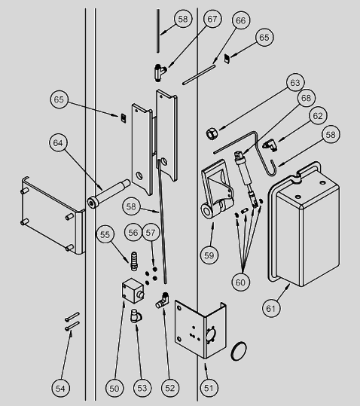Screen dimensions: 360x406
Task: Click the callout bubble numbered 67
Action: tap(212, 19)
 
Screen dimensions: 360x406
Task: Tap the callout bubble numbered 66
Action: tap(241, 20)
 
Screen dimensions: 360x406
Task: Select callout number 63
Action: tap(295, 82)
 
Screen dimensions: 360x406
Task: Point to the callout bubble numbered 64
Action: tap(58, 143)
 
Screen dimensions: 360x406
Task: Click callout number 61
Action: tap(271, 308)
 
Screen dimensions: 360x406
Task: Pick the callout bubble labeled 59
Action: tap(209, 255)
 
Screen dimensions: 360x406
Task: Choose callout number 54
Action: tap(60, 388)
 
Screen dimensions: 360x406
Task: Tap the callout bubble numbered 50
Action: tap(114, 388)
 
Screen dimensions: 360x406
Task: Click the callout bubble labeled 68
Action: tap(307, 98)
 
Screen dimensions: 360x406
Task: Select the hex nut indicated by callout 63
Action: tap(212, 133)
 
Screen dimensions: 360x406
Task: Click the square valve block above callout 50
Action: tap(133, 291)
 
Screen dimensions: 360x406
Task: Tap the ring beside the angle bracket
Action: tap(238, 351)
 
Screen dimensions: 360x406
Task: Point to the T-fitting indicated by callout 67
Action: tap(160, 72)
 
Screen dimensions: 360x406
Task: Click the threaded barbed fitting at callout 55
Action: tap(134, 261)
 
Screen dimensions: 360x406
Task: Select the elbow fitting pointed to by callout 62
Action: tap(270, 145)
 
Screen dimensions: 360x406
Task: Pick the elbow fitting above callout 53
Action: tap(136, 316)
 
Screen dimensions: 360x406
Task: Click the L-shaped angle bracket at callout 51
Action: tap(200, 330)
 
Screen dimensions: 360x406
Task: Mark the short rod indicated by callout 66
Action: tap(199, 75)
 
